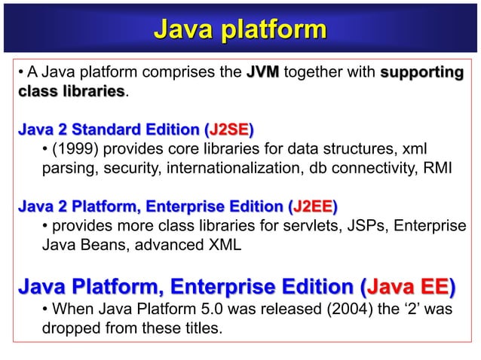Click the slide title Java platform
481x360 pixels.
coord(240,29)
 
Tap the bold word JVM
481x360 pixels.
coord(262,73)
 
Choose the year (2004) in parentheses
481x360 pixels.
coord(320,310)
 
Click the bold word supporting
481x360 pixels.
coord(421,73)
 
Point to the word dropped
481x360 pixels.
coord(72,329)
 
